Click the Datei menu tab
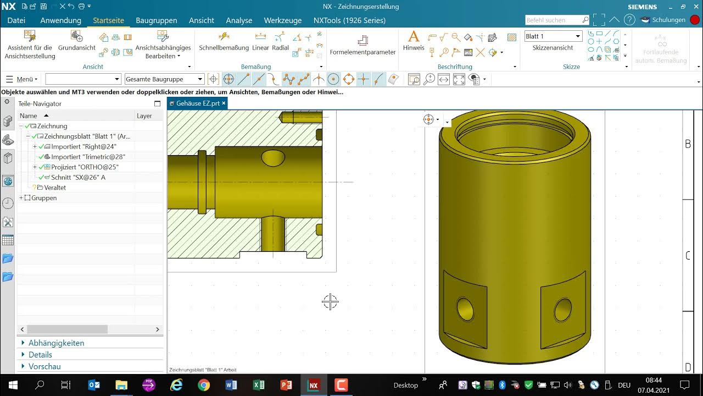(x=16, y=20)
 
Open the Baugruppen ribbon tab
(x=157, y=20)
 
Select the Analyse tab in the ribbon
(x=239, y=20)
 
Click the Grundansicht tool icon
(x=77, y=37)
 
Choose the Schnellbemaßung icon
(x=224, y=37)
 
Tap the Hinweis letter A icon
(x=414, y=37)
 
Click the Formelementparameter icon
(x=362, y=41)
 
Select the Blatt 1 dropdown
(x=553, y=36)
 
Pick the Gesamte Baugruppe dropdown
(x=164, y=79)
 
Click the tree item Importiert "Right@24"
(x=83, y=147)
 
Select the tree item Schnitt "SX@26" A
(x=78, y=177)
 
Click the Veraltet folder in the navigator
(x=55, y=188)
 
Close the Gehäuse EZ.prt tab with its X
(x=224, y=103)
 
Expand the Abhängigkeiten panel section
(x=56, y=343)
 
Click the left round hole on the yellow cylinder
(x=465, y=309)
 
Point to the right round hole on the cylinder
(x=562, y=309)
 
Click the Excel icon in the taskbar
(x=259, y=385)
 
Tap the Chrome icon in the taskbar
(x=204, y=385)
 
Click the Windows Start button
(x=13, y=385)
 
